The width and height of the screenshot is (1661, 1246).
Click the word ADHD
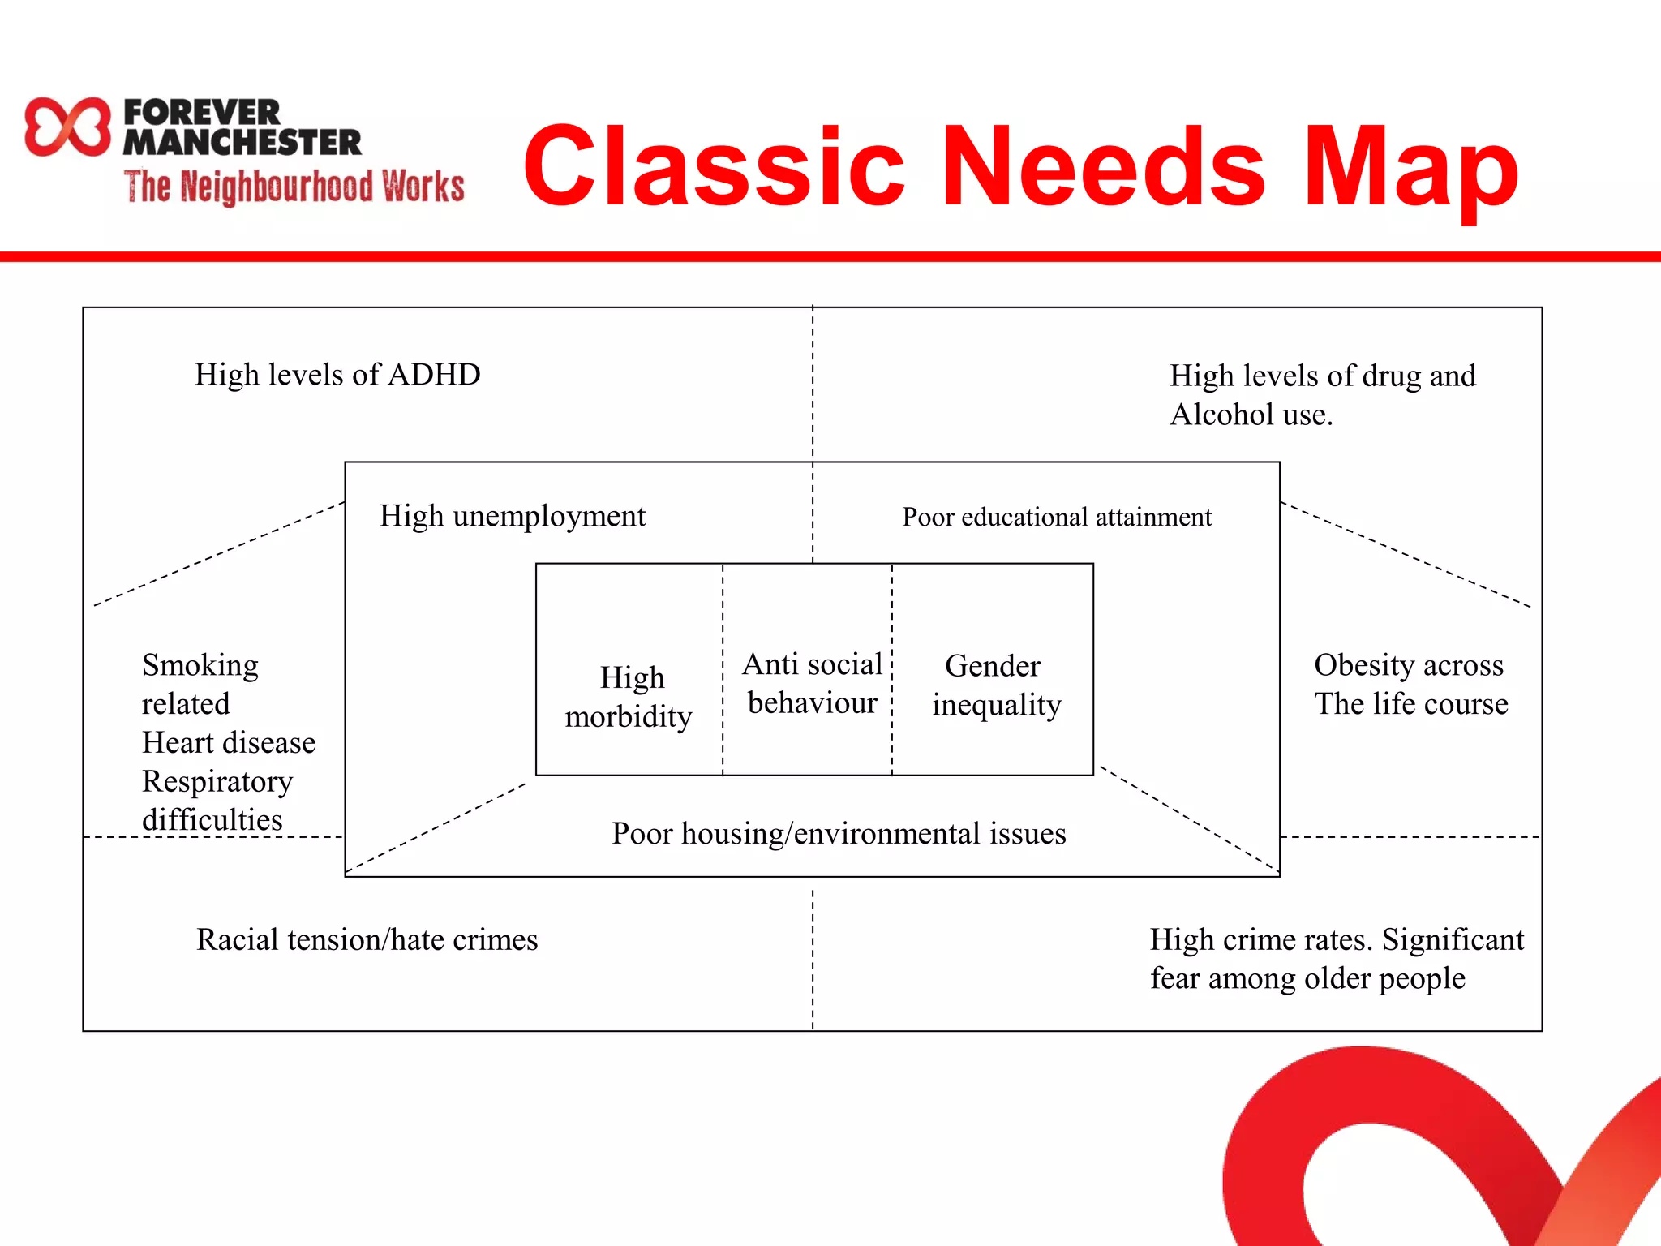coord(434,375)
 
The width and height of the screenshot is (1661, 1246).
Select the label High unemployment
coord(513,516)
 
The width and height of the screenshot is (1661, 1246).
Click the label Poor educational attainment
coord(1056,517)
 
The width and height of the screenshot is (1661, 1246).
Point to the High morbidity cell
coord(629,697)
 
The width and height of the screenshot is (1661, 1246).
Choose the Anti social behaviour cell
coord(811,683)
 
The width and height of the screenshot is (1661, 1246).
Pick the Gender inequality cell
coord(995,685)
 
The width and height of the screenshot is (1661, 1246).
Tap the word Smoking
coord(200,665)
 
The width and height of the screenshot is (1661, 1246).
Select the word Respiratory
coord(217,781)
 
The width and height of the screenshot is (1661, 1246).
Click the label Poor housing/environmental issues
coord(838,833)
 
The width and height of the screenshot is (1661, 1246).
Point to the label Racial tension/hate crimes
coord(367,939)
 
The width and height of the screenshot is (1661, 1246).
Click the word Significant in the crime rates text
coord(1453,939)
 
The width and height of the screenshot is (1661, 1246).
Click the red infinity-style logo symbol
coord(67,127)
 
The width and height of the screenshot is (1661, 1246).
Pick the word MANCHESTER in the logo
coord(242,143)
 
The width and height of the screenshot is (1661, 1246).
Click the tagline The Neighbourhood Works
coord(294,187)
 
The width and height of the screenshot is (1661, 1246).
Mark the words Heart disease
coord(229,742)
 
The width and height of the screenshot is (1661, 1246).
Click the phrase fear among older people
coord(1307,978)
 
